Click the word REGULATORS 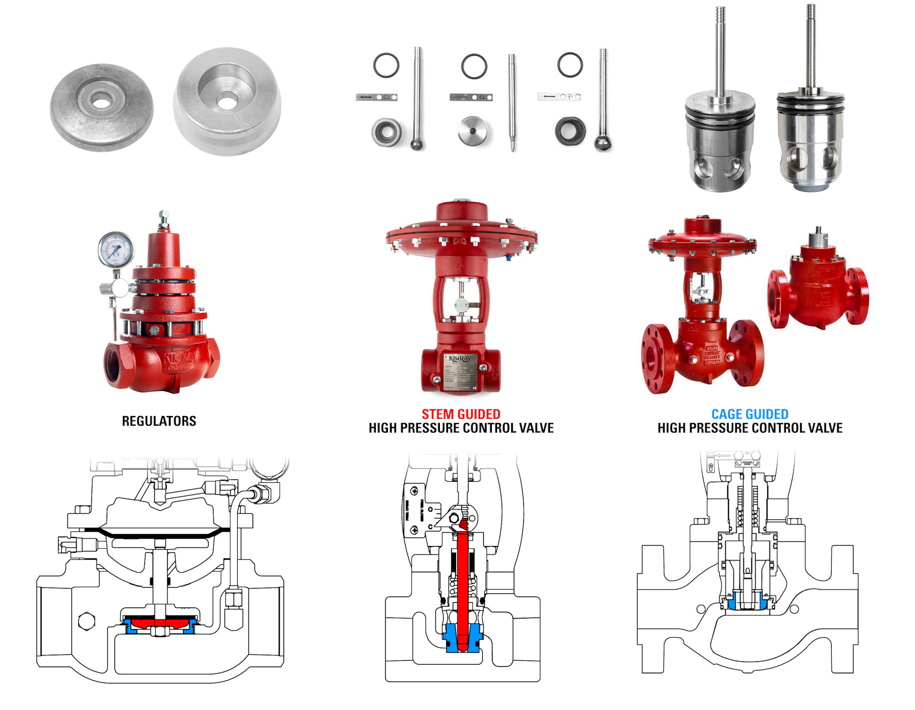coord(159,421)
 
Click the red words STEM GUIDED coord(460,414)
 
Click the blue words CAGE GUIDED coord(750,414)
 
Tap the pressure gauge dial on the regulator coord(115,248)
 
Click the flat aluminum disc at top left coord(102,107)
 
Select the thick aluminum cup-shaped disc coord(227,101)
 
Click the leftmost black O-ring coord(386,65)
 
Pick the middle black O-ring coord(474,66)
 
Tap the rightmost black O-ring coord(569,64)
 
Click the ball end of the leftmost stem coord(417,143)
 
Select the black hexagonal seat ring coord(570,131)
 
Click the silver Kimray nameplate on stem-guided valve coord(460,372)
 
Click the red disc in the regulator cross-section coord(159,623)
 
